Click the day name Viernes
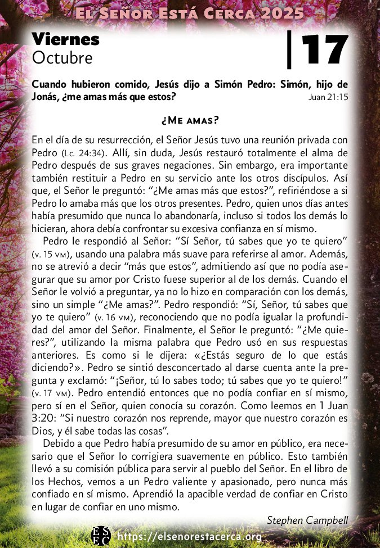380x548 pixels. point(65,39)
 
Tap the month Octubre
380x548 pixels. point(62,57)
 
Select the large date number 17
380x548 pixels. point(325,50)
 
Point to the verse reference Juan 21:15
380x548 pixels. point(328,97)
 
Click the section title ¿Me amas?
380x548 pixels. point(190,120)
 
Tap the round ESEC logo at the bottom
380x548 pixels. point(101,536)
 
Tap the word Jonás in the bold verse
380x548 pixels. point(47,97)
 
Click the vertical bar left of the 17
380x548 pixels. point(290,50)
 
